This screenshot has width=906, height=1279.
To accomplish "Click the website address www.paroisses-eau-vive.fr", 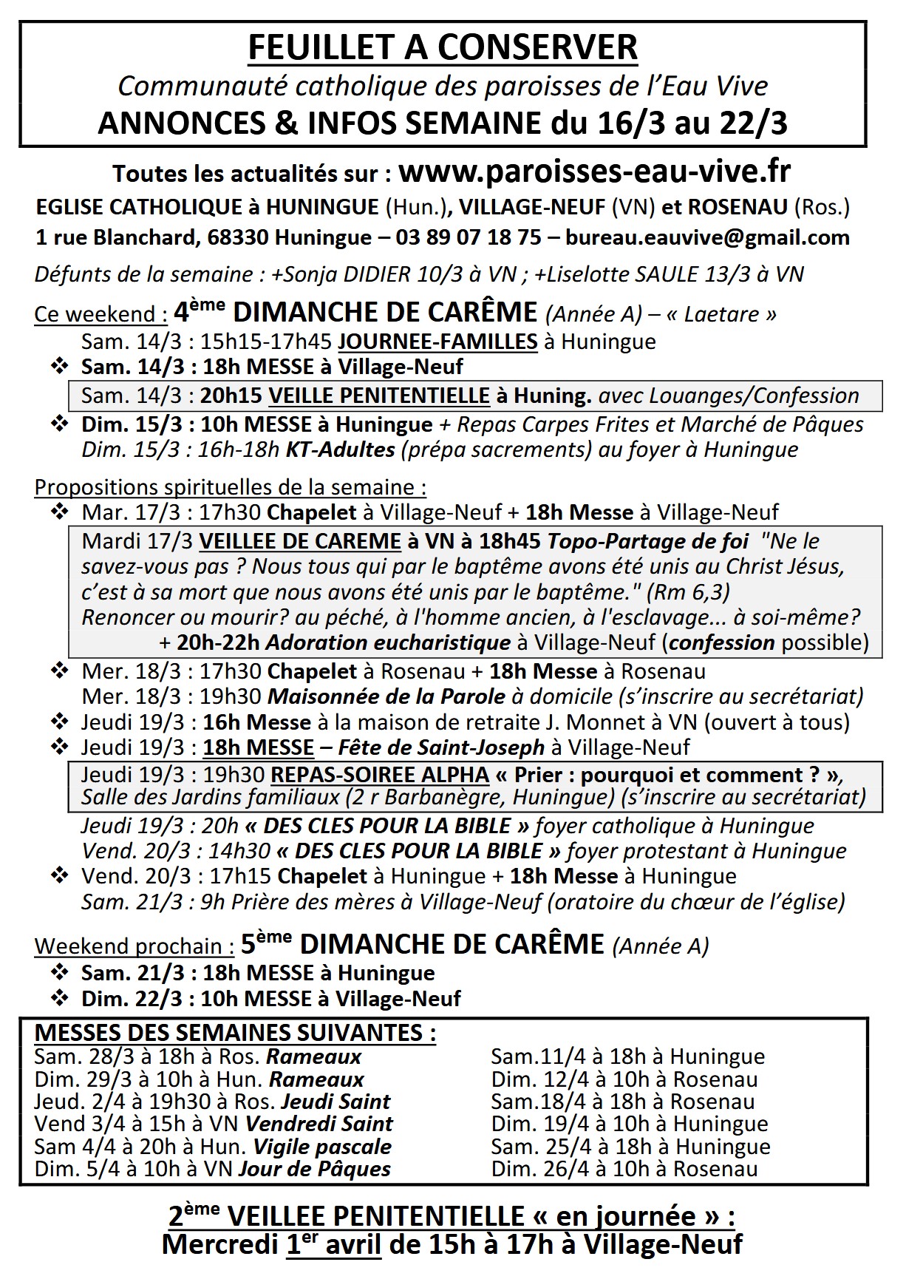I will click(594, 172).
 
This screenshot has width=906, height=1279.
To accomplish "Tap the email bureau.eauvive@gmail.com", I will click(707, 237).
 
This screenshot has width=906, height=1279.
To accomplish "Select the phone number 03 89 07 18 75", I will click(469, 237).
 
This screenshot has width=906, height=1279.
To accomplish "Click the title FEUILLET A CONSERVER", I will click(443, 48).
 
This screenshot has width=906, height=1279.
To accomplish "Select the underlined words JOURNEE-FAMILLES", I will click(437, 342).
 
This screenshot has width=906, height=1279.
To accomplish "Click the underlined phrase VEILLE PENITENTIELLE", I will click(379, 396).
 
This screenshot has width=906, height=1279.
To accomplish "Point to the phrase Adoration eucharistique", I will click(387, 642).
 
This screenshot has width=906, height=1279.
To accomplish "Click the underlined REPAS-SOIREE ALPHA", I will click(380, 775).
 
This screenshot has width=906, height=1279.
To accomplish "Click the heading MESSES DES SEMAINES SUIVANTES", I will click(235, 1032).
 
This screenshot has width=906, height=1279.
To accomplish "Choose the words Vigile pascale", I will click(322, 1147).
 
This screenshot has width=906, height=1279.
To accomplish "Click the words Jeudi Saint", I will click(336, 1102).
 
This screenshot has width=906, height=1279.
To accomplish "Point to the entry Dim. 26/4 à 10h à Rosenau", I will click(624, 1169).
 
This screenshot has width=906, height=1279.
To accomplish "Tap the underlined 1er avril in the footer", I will click(333, 1244).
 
